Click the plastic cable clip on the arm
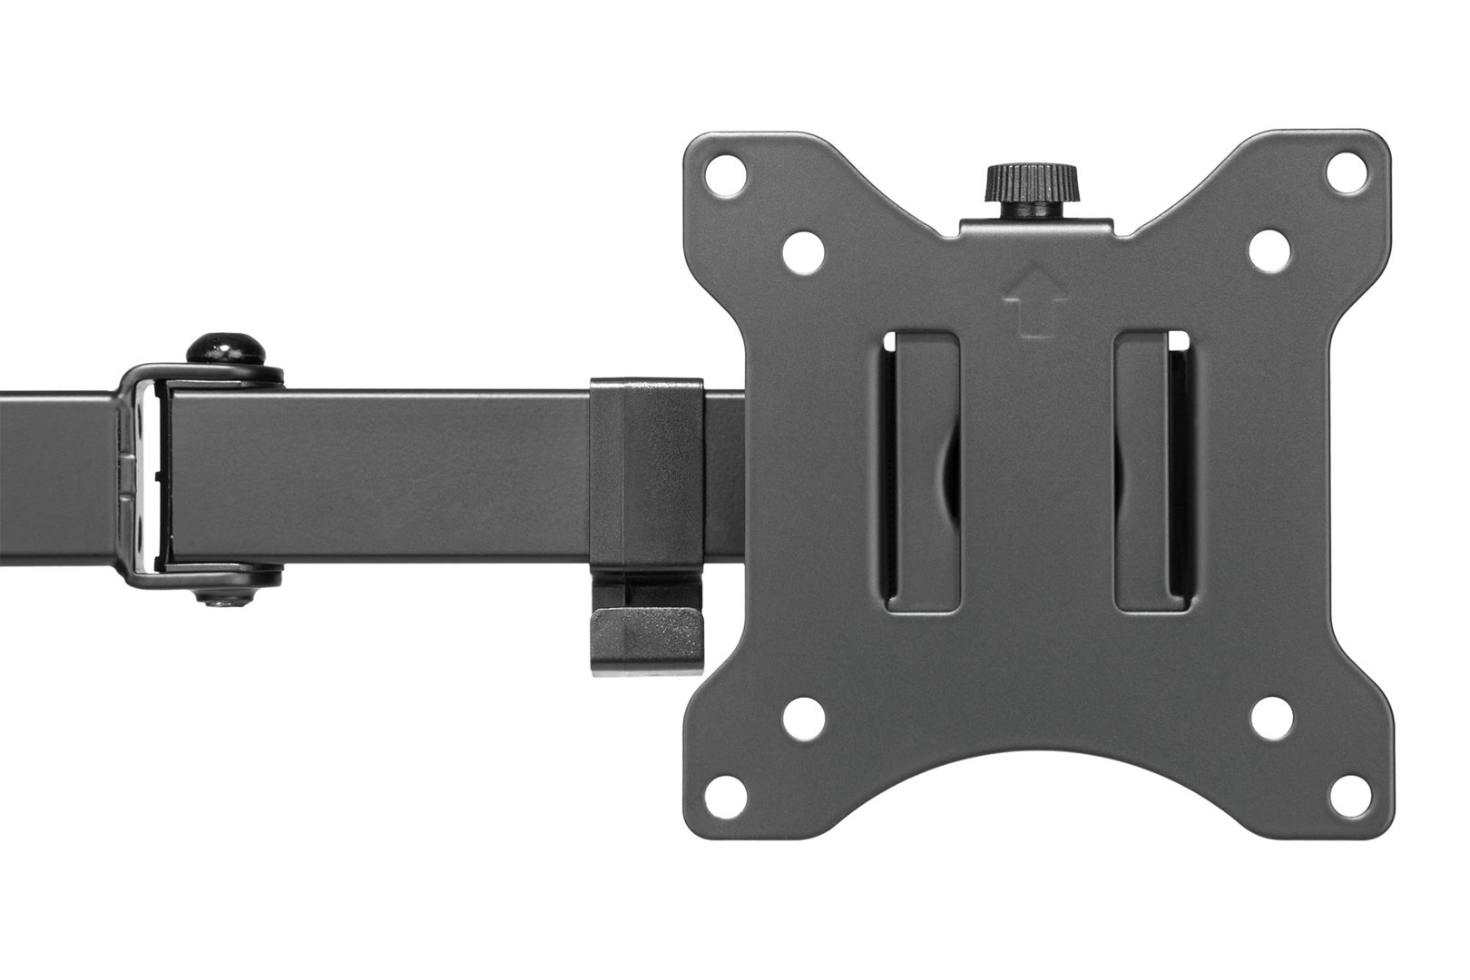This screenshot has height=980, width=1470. click(646, 472)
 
